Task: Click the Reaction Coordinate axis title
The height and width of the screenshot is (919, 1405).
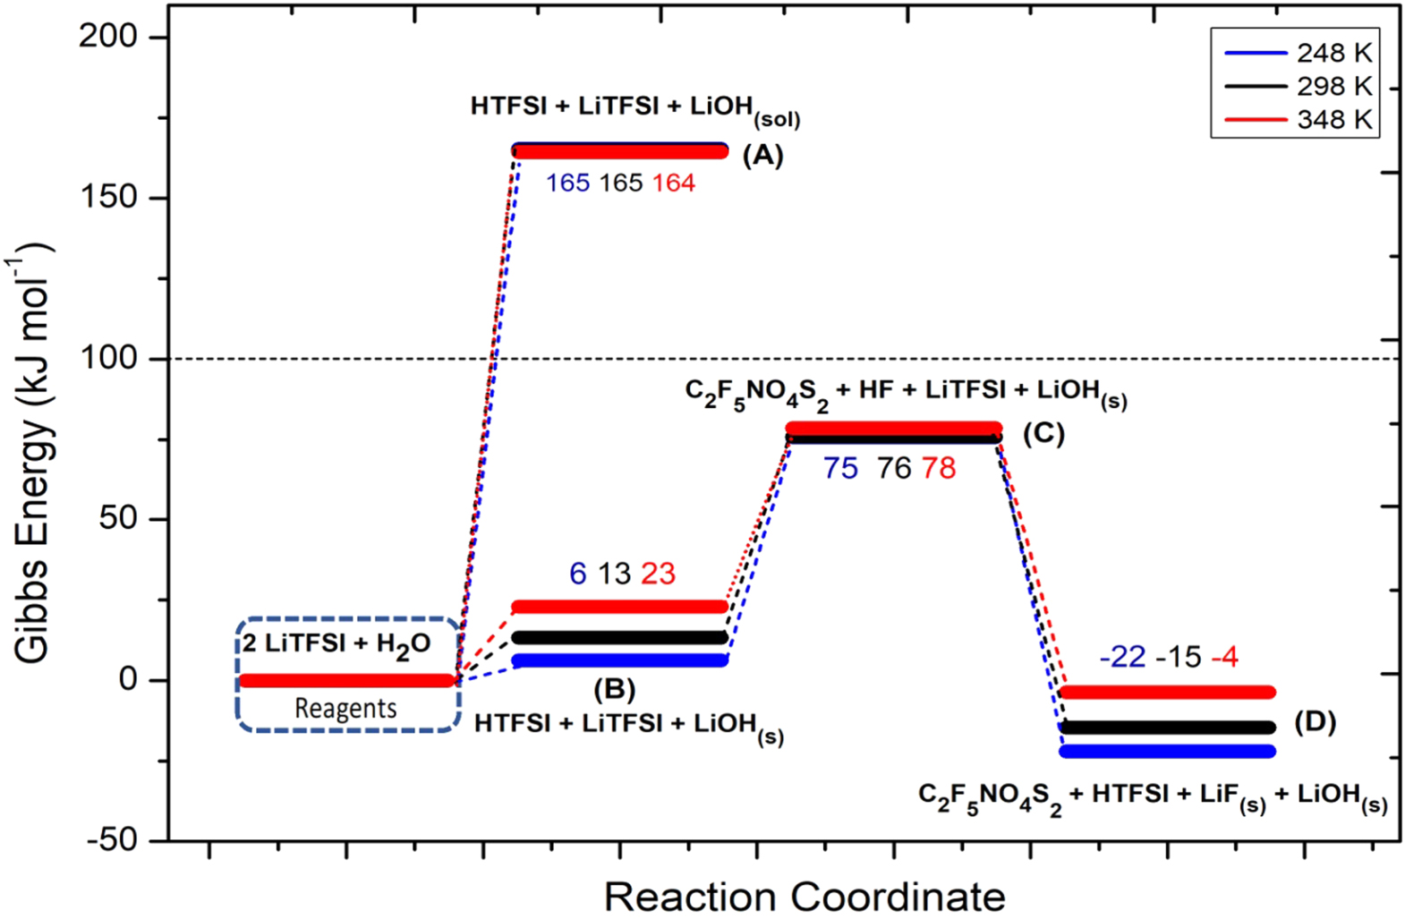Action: click(804, 896)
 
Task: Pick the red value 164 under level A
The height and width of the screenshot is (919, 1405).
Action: click(673, 183)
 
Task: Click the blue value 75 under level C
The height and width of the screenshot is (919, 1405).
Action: click(840, 468)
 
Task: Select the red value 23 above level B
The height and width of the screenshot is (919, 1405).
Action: click(658, 574)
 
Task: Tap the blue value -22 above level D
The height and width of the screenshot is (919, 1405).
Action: click(1122, 658)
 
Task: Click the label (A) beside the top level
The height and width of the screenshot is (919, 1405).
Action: click(762, 155)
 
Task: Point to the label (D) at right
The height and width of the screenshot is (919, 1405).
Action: click(1315, 721)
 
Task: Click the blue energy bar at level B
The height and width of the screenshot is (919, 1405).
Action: click(619, 660)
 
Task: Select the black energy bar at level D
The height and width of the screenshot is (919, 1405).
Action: click(1166, 728)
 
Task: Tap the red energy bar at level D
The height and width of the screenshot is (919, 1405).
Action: click(1166, 692)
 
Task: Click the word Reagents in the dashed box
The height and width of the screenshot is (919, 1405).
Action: click(345, 709)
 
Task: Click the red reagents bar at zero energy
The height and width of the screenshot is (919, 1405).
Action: click(347, 680)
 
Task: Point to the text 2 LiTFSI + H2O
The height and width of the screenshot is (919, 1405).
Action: click(336, 644)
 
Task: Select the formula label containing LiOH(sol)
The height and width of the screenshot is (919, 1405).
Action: click(634, 108)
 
